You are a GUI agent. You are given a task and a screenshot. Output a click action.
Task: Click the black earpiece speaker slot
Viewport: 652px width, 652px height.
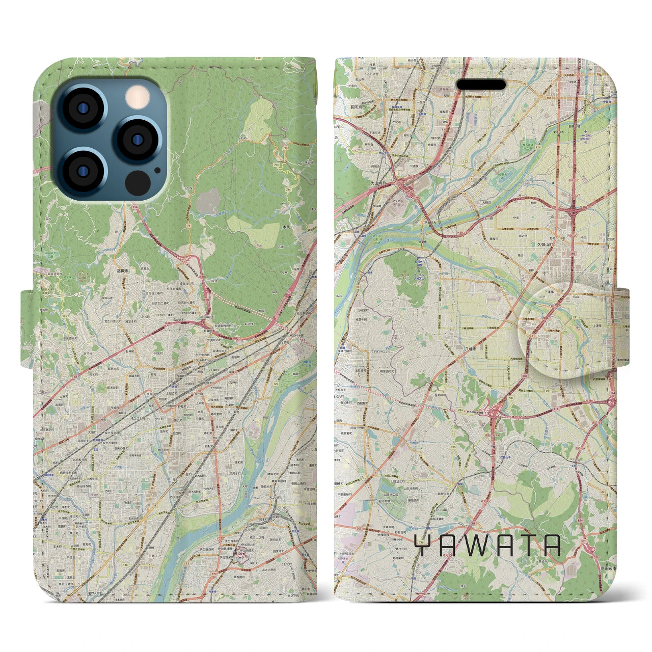(x=480, y=84)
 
